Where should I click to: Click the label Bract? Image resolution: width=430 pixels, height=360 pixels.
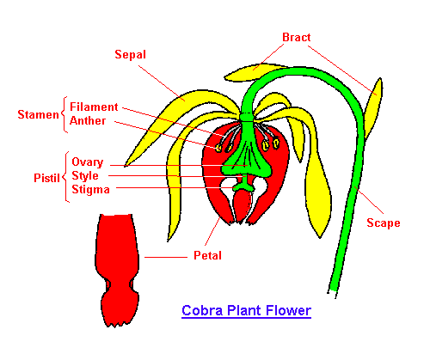297,37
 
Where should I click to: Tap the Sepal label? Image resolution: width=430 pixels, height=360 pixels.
131,55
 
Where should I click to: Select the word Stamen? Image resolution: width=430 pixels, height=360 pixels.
38,114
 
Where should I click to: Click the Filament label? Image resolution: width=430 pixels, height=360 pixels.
94,107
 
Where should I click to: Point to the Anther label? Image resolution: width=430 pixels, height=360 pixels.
88,120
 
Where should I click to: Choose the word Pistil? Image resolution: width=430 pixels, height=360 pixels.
46,178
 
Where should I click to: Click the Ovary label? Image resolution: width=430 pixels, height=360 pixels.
88,162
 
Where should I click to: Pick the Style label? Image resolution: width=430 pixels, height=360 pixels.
85,175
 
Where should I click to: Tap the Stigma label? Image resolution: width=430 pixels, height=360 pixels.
90,190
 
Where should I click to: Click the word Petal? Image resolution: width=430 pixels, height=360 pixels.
208,255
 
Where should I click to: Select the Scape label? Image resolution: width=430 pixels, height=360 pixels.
384,223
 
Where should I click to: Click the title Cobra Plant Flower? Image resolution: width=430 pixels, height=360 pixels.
247,310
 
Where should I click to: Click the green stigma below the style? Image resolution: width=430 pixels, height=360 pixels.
243,187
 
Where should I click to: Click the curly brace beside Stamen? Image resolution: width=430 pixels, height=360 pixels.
64,114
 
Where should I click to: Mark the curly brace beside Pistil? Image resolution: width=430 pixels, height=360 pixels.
66,177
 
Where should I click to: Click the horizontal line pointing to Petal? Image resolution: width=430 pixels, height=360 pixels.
166,257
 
